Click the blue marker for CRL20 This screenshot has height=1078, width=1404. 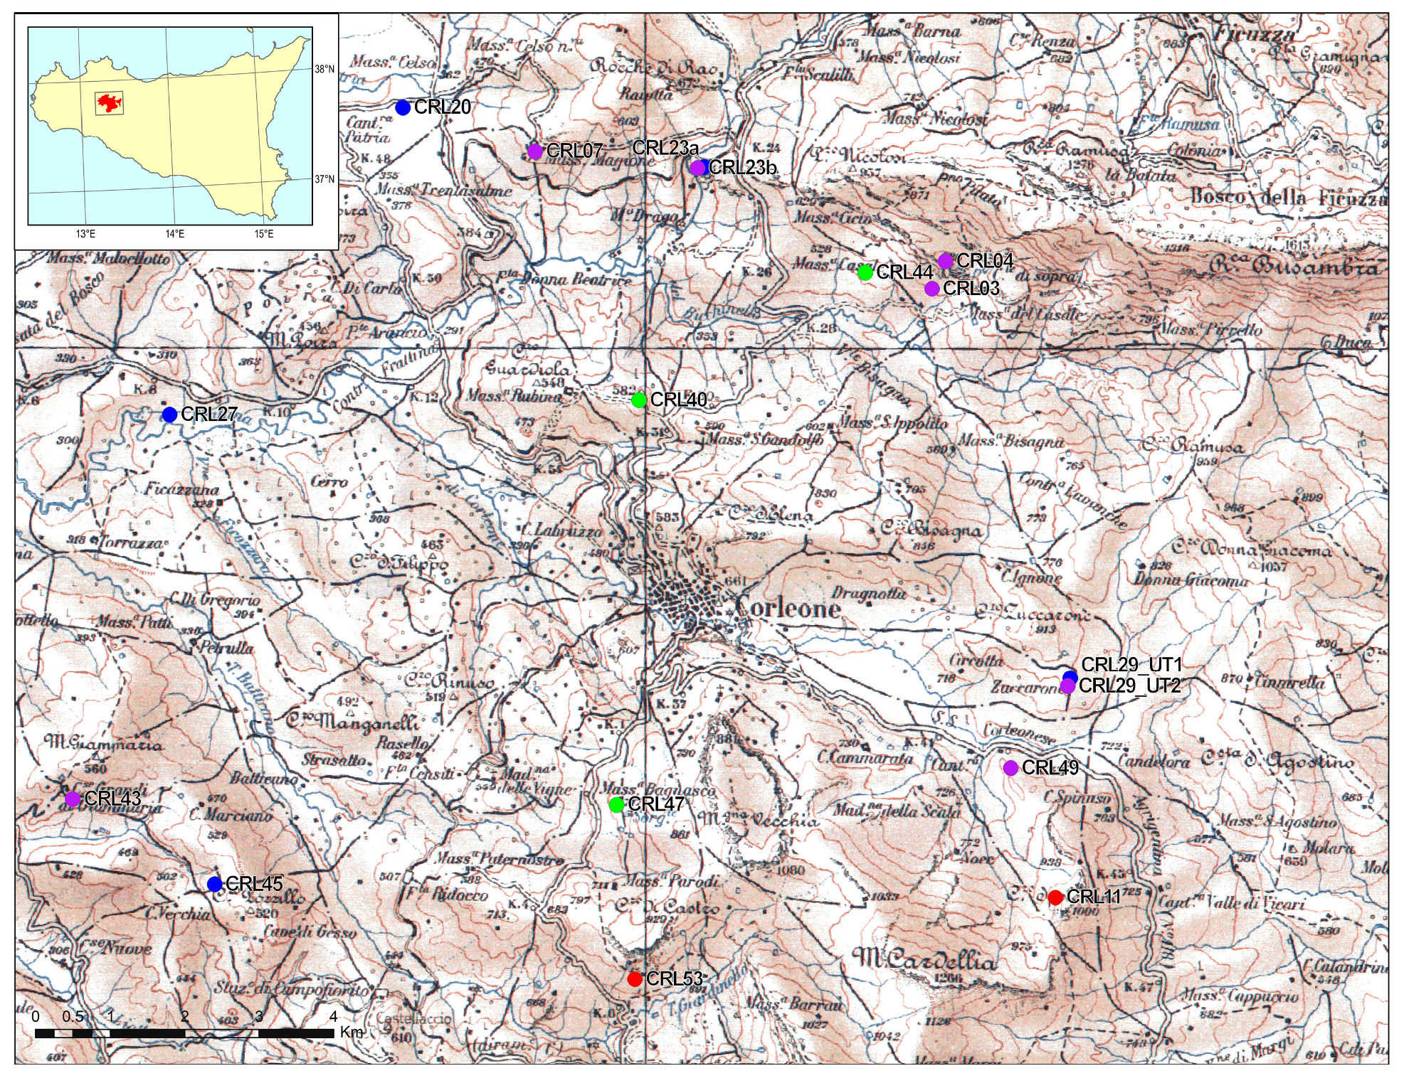403,108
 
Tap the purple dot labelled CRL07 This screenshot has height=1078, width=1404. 535,151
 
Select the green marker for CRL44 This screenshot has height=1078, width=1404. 865,272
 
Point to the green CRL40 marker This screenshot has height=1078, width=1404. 639,400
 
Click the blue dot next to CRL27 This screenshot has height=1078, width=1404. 169,415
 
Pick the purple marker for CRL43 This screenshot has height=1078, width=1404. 73,799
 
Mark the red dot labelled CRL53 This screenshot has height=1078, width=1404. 635,979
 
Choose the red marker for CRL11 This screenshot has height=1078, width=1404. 1055,897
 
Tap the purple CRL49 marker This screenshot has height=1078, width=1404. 1010,768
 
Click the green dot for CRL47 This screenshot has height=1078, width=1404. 617,805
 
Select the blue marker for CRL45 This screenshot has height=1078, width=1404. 215,884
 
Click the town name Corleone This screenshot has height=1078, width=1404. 787,609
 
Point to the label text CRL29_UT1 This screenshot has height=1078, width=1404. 1131,665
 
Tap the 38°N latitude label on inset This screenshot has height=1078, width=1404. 324,69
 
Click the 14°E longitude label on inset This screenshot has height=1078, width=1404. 175,234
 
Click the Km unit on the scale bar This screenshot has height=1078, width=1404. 352,1032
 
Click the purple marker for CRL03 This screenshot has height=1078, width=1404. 932,289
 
